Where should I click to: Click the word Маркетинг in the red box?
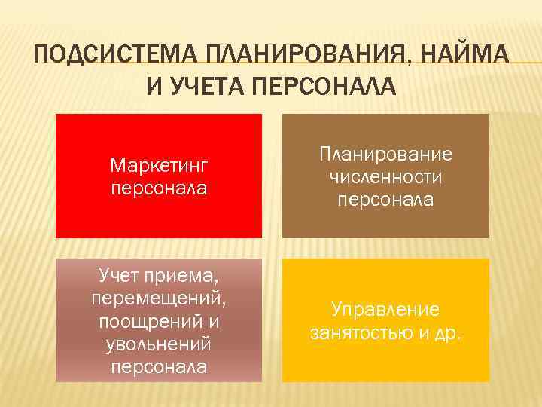158,164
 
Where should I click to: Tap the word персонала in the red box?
158,185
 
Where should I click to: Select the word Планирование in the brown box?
385,155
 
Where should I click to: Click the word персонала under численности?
385,200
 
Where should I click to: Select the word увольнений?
158,344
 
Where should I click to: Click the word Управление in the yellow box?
385,310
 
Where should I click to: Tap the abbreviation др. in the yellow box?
445,332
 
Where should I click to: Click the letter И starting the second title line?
154,87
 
